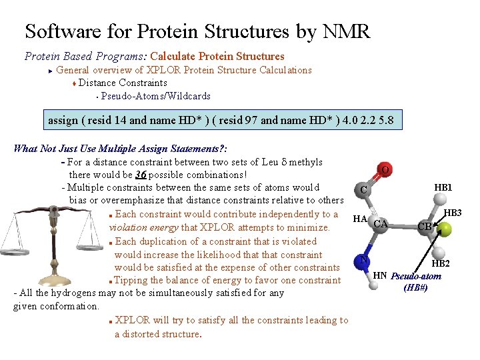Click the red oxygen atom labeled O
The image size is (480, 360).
coord(385,171)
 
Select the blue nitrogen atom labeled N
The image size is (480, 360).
coord(363,261)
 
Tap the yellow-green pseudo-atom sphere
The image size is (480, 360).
coord(444,229)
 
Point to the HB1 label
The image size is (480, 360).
coord(443,187)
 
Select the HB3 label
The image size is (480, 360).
coord(453,213)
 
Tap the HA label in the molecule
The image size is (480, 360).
coord(360,219)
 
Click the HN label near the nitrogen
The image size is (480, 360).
coord(380,275)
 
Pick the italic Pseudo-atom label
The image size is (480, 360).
coord(416,276)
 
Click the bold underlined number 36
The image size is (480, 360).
coord(141,175)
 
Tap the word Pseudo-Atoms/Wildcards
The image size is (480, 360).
coord(155,96)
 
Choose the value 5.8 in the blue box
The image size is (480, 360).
coord(385,121)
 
